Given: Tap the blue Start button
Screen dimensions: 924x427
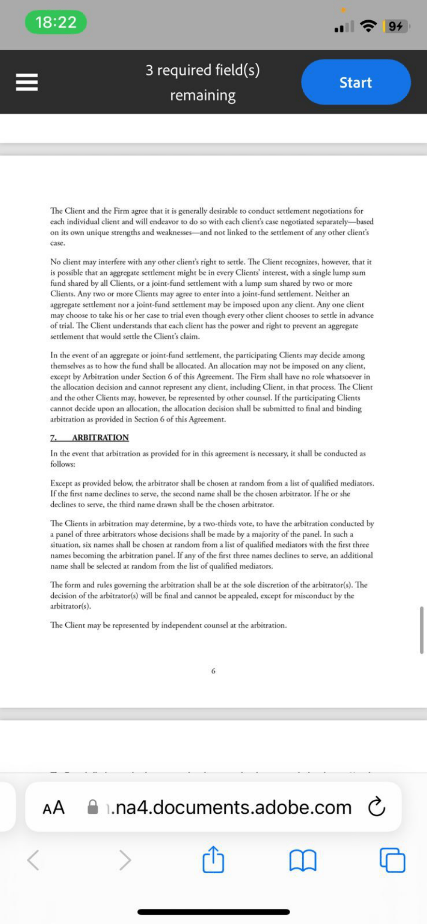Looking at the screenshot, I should coord(356,82).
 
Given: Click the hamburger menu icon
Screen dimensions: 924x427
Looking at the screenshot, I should coord(27,82).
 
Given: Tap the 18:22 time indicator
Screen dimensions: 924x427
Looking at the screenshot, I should coord(56,22).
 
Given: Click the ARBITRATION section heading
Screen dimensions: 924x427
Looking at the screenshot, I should coord(100,438).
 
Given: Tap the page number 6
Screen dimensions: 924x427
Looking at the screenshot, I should coord(213,671).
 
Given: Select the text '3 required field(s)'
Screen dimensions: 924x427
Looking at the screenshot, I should coord(203,70).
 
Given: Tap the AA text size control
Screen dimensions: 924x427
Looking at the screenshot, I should coord(54,807).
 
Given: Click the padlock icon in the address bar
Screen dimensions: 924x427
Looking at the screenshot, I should coord(92,807).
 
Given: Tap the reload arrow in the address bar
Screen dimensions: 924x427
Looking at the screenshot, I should coord(377,807).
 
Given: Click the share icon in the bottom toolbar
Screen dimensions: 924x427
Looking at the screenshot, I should coord(213,860).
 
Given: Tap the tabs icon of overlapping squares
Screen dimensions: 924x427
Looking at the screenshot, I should coord(392,860).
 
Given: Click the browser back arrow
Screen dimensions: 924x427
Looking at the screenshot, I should coord(33,860).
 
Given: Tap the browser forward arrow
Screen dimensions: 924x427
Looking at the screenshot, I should coord(125,860).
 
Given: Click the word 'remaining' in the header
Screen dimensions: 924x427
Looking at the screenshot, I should coord(203,95).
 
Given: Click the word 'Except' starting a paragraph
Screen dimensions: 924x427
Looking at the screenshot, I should coord(61,483).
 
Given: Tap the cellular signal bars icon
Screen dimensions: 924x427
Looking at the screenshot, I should coord(344,27).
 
